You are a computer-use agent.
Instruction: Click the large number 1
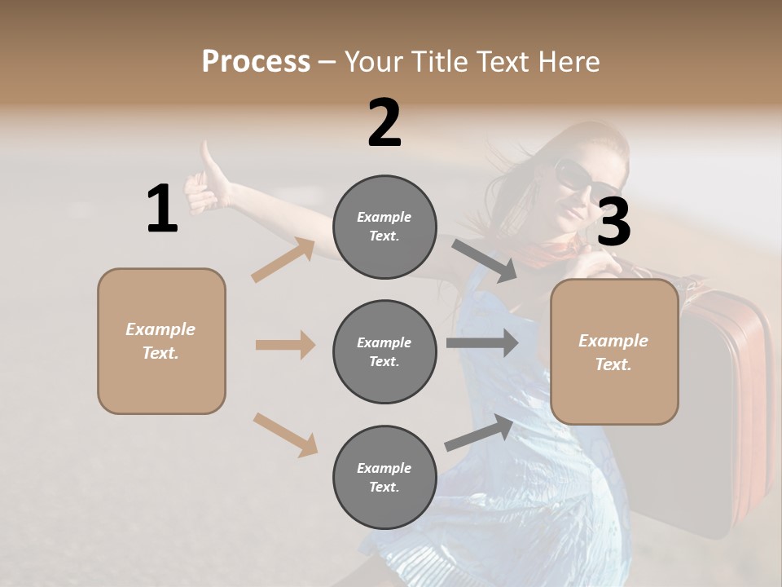[x=162, y=209]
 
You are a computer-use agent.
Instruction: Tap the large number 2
[x=384, y=123]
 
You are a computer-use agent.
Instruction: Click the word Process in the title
[x=256, y=61]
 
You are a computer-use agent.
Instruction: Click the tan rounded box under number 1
[x=161, y=341]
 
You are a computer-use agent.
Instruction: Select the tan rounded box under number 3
[x=614, y=351]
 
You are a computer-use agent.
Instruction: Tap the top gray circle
[x=384, y=227]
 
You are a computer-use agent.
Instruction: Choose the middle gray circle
[x=384, y=351]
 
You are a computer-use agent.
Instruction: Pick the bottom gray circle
[x=384, y=477]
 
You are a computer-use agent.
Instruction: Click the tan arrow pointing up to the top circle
[x=283, y=260]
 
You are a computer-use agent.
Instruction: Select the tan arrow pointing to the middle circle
[x=285, y=345]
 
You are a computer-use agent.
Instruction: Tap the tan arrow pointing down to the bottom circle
[x=285, y=434]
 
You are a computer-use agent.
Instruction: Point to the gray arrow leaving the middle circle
[x=482, y=342]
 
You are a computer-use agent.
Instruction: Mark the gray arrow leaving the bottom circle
[x=480, y=433]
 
